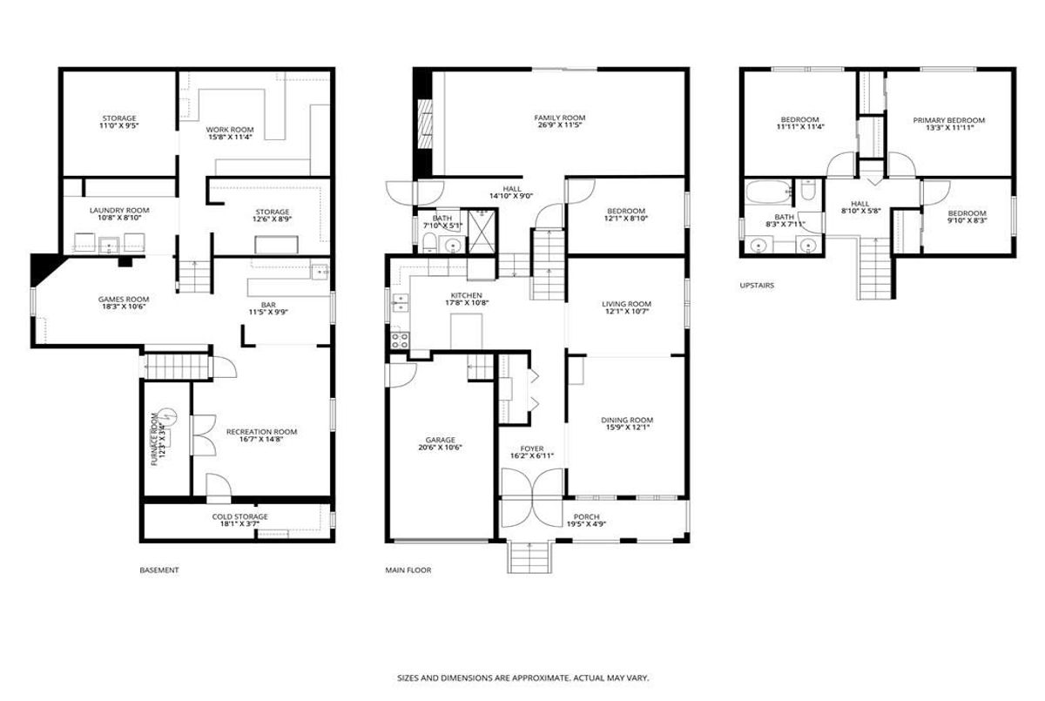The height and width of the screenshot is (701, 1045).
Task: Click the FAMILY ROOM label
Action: point(559,118)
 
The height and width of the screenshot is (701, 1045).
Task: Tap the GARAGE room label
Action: point(440,440)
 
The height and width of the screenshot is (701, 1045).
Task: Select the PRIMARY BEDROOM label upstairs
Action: point(949,120)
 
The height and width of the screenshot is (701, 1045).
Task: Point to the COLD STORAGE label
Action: point(239,516)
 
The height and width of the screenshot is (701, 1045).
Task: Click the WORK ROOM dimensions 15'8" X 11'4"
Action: point(230,137)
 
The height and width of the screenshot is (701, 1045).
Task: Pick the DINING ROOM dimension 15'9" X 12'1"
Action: point(627,427)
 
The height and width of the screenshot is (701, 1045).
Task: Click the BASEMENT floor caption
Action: point(159,570)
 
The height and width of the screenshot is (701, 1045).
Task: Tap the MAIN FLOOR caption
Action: point(408,570)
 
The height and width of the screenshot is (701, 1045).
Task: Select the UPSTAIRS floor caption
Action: point(757,285)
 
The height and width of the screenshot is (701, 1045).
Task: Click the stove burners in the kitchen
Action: point(400,340)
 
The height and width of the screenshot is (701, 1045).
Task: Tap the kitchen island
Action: point(466,331)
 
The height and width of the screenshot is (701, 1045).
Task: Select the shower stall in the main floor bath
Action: point(482,232)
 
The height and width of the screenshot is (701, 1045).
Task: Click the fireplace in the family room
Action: point(425,125)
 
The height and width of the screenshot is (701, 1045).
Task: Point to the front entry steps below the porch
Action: point(529,556)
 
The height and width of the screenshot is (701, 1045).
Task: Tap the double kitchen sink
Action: point(401,302)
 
